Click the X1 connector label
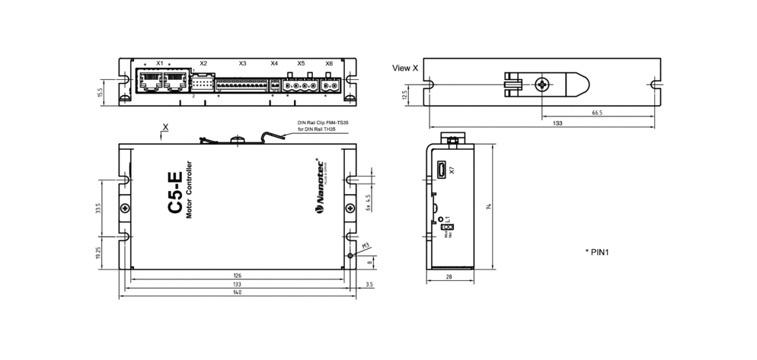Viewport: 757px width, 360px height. (159, 63)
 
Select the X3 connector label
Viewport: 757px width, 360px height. (242, 63)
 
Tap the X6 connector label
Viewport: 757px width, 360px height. (329, 63)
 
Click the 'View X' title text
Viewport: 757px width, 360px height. (405, 68)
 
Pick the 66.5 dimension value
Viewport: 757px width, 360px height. (596, 113)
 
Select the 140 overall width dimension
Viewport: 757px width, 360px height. (238, 294)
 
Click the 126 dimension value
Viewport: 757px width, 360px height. (238, 275)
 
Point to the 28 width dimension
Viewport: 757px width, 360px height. (449, 277)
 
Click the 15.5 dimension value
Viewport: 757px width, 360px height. (101, 93)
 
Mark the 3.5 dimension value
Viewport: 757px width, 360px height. (369, 284)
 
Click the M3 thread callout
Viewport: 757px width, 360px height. (366, 245)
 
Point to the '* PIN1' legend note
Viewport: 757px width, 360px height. (599, 251)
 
